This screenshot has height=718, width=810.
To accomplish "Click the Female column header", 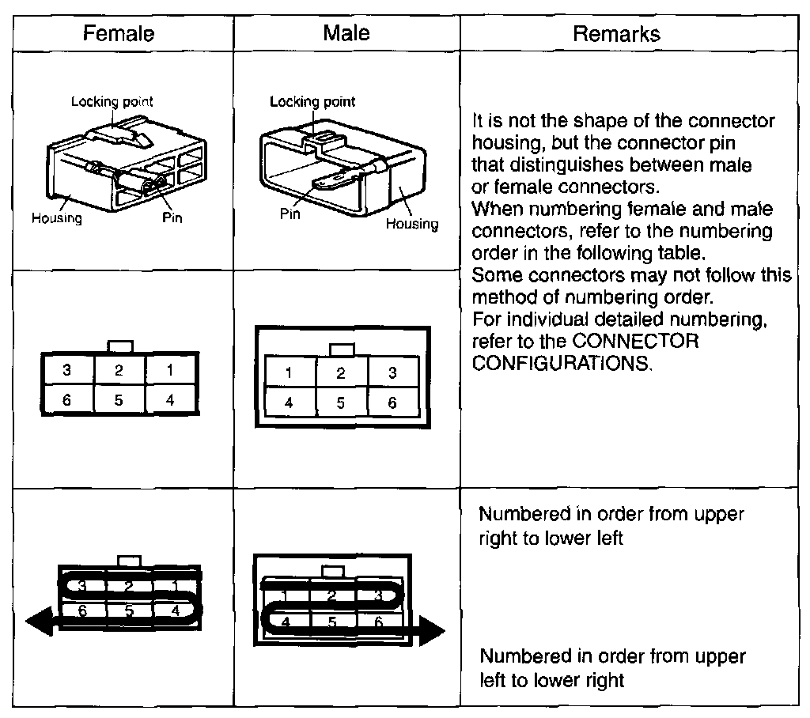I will tap(119, 34).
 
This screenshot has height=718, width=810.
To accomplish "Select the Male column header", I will tap(346, 33).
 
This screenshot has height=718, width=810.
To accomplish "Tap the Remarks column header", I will tap(616, 34).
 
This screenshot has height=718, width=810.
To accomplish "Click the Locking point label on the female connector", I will tap(112, 101).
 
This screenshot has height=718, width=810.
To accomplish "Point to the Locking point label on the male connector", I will tap(312, 101).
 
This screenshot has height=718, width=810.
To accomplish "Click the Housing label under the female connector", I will tap(56, 218).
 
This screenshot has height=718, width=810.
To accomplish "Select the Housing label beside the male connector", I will tap(411, 224).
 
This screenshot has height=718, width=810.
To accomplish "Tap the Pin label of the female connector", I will tap(172, 217).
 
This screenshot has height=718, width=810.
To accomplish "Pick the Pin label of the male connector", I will tap(291, 215).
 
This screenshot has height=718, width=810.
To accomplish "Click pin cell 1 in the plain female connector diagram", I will tap(170, 370).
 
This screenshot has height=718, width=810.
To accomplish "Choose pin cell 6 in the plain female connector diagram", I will tap(67, 399).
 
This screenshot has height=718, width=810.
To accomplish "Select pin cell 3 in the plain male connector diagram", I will tap(392, 373).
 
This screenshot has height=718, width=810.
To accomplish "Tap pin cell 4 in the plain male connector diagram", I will tap(289, 402).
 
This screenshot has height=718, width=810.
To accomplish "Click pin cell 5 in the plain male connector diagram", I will tap(340, 402).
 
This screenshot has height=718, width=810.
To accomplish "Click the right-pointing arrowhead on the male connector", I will tap(432, 633).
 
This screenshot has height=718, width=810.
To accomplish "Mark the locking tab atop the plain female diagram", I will tap(119, 346).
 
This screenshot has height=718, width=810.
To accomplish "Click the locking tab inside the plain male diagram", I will tap(341, 349).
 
